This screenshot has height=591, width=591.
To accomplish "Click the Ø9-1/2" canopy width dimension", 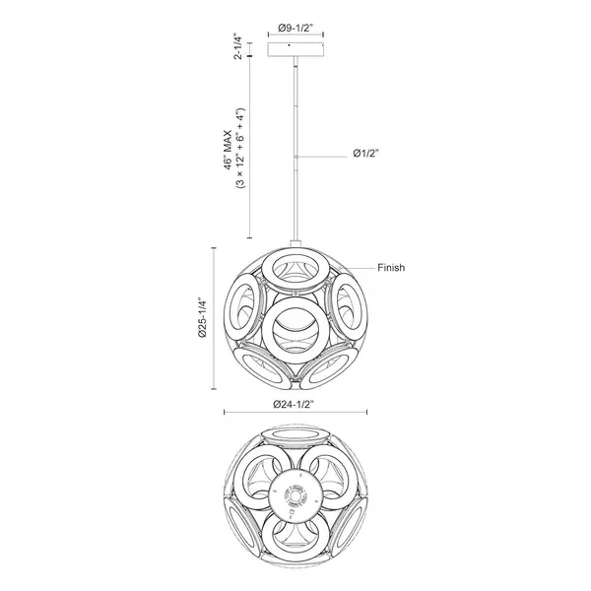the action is (295, 28).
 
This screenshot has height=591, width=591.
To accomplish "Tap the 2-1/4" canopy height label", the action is (237, 47).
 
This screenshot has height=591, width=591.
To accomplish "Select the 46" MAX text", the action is (229, 151).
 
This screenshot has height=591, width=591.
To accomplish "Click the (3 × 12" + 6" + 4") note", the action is (240, 148).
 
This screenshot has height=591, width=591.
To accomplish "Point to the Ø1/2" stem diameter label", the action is (365, 153).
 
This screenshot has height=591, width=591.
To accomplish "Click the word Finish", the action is (391, 268).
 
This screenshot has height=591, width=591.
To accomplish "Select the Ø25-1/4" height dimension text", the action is (203, 318).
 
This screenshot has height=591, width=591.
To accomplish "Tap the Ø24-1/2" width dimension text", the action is (294, 405).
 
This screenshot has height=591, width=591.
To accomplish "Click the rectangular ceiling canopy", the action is (295, 49).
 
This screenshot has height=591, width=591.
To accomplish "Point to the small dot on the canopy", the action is (289, 45).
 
